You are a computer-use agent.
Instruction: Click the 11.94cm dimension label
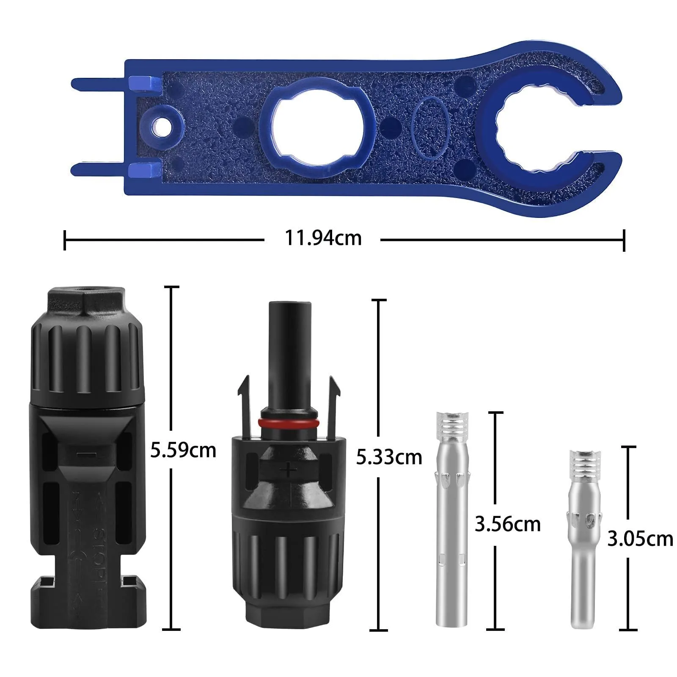(323, 238)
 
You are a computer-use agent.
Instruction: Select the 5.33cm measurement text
(389, 457)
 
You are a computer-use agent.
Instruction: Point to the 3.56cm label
(508, 524)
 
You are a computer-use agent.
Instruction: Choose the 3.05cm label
(640, 539)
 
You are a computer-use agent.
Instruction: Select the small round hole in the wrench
(161, 126)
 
